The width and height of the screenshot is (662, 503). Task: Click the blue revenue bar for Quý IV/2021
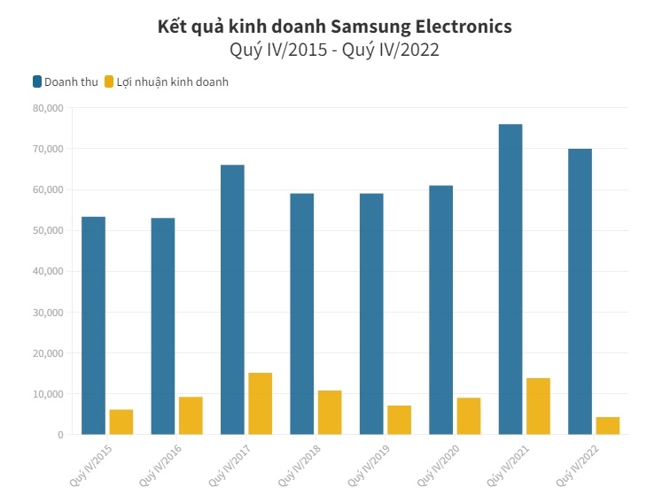click(x=510, y=279)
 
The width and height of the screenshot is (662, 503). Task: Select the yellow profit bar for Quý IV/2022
click(x=607, y=426)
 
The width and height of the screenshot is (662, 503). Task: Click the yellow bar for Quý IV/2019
click(x=399, y=420)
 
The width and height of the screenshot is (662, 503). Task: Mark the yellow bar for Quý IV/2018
click(x=330, y=413)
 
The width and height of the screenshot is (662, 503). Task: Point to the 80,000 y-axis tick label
click(x=46, y=108)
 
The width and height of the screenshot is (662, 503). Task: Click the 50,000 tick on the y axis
click(x=46, y=230)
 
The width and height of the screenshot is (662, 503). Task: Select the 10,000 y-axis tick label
click(x=46, y=394)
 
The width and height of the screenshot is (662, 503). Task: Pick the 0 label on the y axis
click(x=59, y=435)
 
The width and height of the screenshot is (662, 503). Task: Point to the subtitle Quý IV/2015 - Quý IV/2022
click(x=334, y=50)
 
